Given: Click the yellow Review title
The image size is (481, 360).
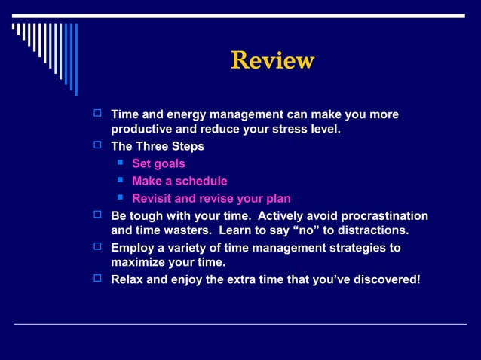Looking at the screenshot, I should (272, 60).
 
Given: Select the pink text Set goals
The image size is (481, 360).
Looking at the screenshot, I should (158, 163).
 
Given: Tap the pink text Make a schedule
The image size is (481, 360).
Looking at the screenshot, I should (179, 181).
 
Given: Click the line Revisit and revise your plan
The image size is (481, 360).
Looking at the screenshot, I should (211, 199).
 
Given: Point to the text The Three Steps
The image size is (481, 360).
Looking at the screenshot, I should (158, 146).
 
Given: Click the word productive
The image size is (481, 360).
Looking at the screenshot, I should (142, 129).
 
